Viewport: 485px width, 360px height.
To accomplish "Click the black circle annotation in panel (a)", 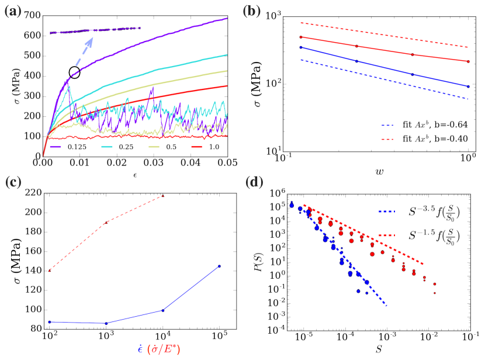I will point(74,72).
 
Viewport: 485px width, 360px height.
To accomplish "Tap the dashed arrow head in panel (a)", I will point(92,39).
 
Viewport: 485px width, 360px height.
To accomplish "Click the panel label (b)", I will point(258,10).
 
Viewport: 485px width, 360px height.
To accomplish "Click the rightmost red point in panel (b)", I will point(468,61).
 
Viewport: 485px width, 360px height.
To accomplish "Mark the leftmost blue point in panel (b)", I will point(284,47).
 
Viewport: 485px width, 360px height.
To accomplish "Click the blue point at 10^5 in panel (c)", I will point(219,266).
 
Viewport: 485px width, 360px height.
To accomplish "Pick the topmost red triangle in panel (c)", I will point(162,196).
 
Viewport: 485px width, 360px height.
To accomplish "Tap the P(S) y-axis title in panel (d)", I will point(261,261).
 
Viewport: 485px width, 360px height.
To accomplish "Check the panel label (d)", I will point(258,182).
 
